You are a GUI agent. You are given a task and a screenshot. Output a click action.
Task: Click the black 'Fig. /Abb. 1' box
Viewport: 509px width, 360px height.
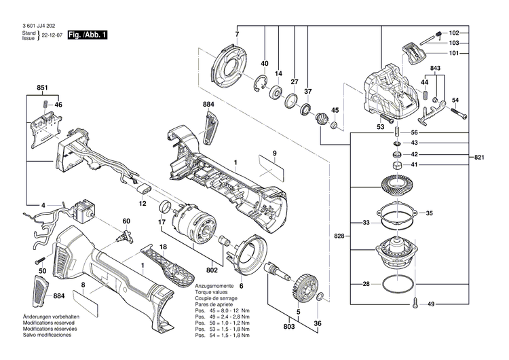[x=88, y=34]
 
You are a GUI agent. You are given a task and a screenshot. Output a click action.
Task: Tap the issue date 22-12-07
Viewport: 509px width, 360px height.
[x=52, y=34]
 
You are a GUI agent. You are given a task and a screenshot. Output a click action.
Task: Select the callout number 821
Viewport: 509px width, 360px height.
[x=479, y=158]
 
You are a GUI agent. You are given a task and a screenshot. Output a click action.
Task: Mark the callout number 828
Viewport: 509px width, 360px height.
[x=339, y=236]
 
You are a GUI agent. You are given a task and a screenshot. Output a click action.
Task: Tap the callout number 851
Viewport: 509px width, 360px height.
[x=42, y=88]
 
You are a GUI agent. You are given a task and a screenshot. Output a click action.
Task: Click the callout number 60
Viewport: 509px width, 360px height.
[x=126, y=221]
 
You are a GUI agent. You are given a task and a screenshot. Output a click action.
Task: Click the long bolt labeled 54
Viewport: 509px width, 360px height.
[x=459, y=116]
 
